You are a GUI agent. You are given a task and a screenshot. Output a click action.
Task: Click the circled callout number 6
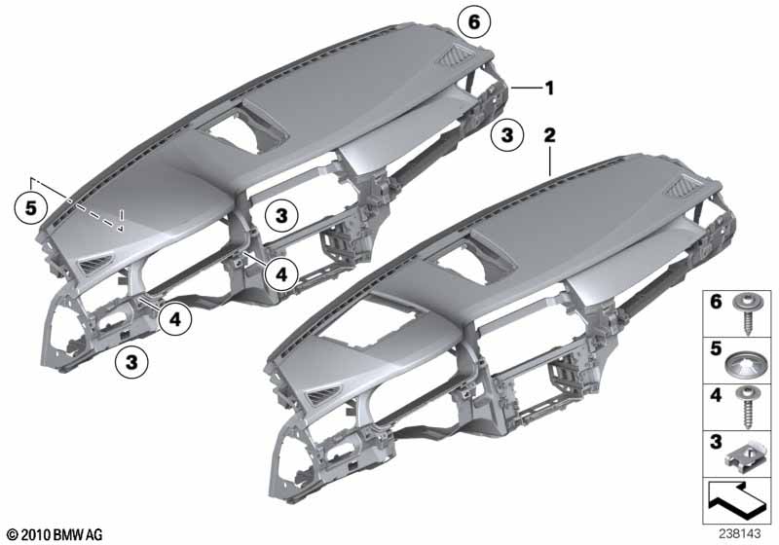474,20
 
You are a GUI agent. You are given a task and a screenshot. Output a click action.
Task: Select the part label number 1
549,89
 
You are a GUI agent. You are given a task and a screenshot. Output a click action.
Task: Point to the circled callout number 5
31,206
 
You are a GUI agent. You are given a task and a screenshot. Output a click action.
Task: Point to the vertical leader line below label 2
550,162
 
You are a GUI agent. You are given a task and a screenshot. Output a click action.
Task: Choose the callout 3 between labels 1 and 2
507,138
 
